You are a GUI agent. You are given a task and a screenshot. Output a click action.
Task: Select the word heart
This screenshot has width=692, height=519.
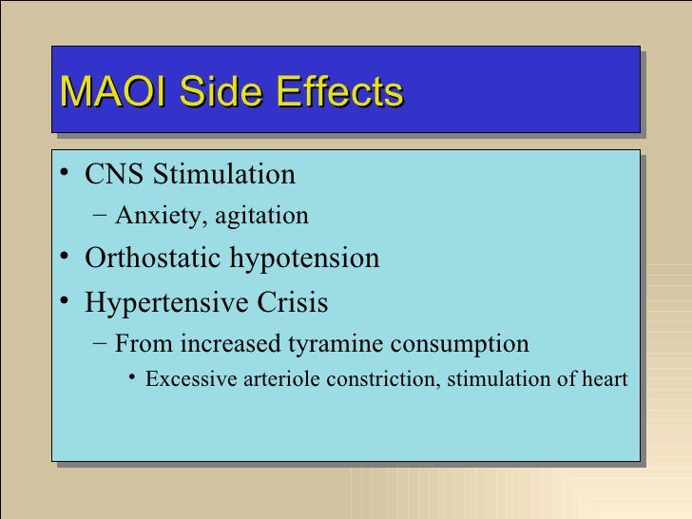coord(604,380)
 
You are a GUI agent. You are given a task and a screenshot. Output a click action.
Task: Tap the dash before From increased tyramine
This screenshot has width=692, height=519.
coord(102,343)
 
